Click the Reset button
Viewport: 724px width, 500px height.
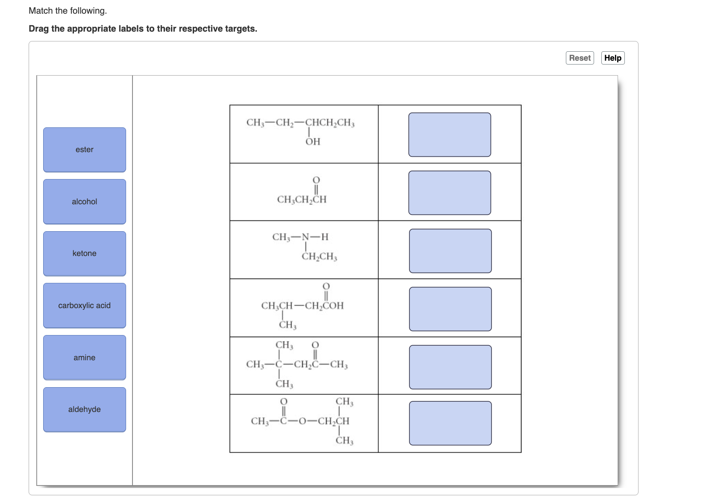[x=580, y=58]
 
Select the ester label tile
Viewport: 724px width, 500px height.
[x=85, y=150]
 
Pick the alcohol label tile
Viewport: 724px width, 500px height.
[x=85, y=202]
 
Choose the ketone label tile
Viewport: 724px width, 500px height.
[x=85, y=253]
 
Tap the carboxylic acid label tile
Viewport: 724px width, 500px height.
[x=85, y=306]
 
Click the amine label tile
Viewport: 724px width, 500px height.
[x=85, y=358]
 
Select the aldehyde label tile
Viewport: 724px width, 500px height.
[x=85, y=409]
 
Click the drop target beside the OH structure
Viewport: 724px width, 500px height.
[x=450, y=135]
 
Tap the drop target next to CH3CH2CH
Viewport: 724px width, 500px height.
[x=450, y=193]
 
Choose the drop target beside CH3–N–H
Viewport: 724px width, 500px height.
[x=450, y=251]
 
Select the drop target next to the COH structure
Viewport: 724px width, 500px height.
[x=450, y=309]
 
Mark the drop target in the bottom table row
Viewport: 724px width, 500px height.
[x=450, y=423]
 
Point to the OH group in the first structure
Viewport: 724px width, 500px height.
[x=313, y=141]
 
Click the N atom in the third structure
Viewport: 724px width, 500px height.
[x=306, y=237]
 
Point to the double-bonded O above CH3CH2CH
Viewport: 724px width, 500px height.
[x=316, y=180]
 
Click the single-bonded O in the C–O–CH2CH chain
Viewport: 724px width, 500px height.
[x=302, y=421]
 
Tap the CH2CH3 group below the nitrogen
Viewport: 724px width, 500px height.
[x=319, y=256]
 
